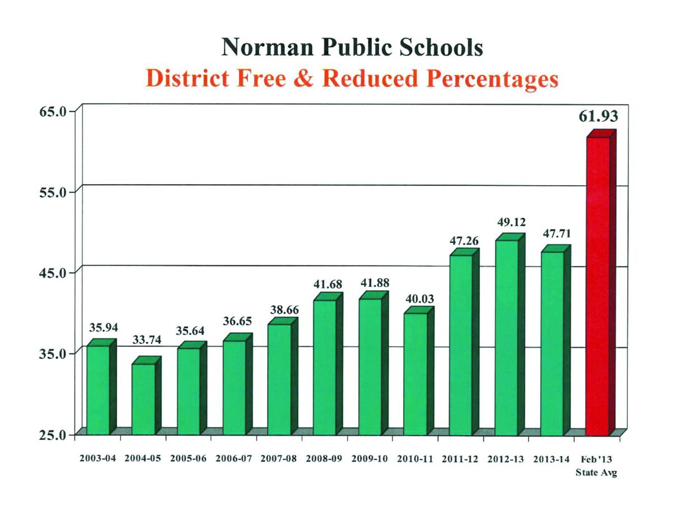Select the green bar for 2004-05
tap(143, 399)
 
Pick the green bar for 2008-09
tap(325, 367)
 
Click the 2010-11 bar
tap(416, 374)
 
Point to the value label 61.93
tap(598, 116)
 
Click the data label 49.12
tap(511, 222)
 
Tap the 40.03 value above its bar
tap(419, 299)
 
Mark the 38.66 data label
tap(283, 309)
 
